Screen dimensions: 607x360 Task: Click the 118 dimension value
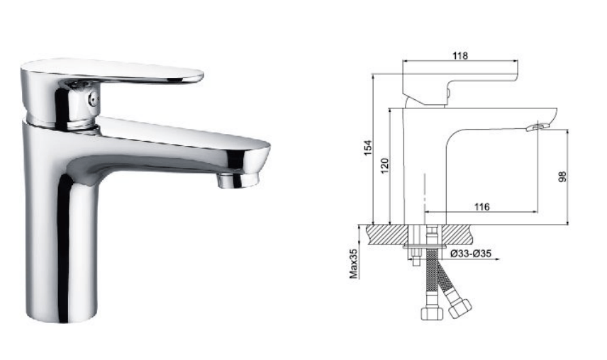460,56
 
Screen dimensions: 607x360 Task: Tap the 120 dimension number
384,167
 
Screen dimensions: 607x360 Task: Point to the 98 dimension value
562,176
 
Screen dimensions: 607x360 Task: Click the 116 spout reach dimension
482,207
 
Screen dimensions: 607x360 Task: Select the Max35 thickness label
354,264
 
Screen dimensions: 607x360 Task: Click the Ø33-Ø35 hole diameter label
471,253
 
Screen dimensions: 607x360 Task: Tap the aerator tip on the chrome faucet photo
237,180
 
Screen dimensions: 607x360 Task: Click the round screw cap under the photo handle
91,99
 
